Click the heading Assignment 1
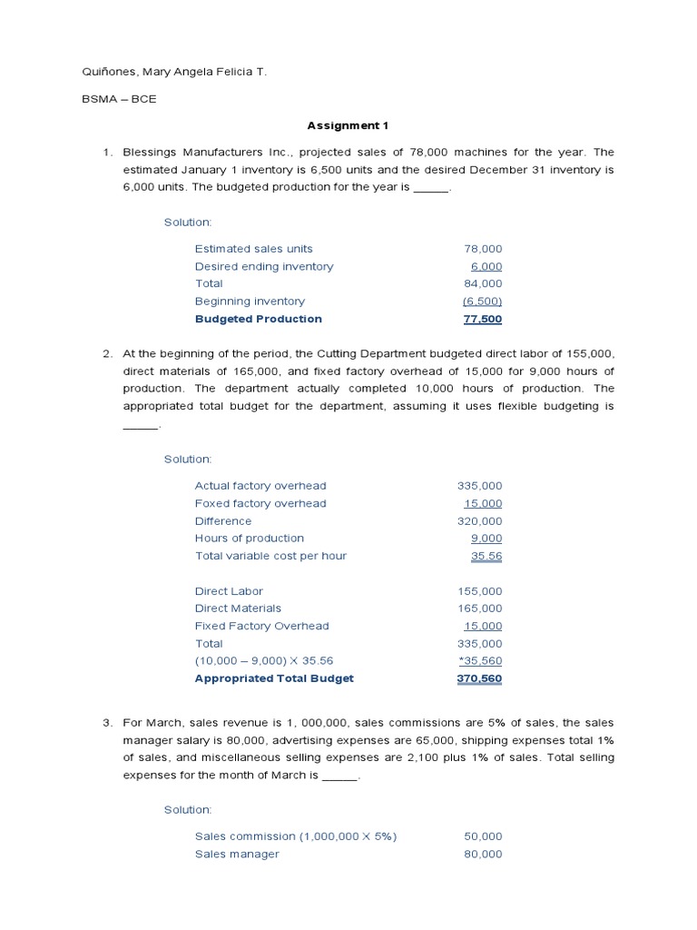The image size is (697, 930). click(x=348, y=126)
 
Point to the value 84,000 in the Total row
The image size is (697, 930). click(x=483, y=283)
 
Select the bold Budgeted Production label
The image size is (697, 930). click(x=258, y=319)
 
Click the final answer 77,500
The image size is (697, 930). click(x=483, y=319)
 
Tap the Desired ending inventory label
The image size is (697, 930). click(x=263, y=266)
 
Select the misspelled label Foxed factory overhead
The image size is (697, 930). click(x=260, y=503)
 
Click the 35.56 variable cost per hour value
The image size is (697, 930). click(x=486, y=556)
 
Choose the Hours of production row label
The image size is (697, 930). click(x=249, y=539)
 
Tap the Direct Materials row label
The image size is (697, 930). click(x=238, y=608)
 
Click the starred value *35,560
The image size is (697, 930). click(x=480, y=661)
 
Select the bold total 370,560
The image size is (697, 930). click(x=479, y=678)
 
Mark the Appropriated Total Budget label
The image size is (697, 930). click(x=274, y=678)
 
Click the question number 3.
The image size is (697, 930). click(x=106, y=723)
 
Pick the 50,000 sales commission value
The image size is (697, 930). click(x=483, y=836)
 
